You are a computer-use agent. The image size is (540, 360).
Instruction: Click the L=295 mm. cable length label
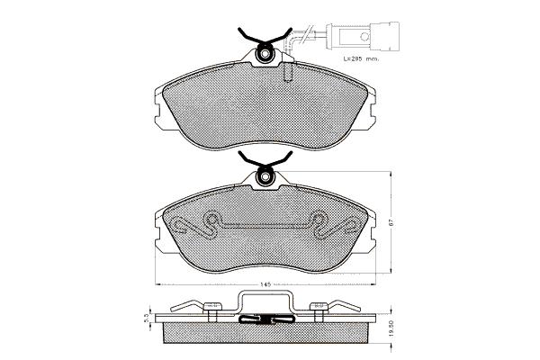(361, 58)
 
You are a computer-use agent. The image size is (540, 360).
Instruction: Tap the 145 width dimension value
(265, 284)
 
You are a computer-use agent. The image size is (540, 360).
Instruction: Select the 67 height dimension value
(391, 222)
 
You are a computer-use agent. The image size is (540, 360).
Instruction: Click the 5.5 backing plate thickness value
(146, 318)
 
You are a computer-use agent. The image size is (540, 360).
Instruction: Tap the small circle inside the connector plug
(364, 36)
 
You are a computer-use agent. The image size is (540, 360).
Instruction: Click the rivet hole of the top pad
(265, 54)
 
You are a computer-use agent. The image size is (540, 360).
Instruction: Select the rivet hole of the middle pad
(265, 176)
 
